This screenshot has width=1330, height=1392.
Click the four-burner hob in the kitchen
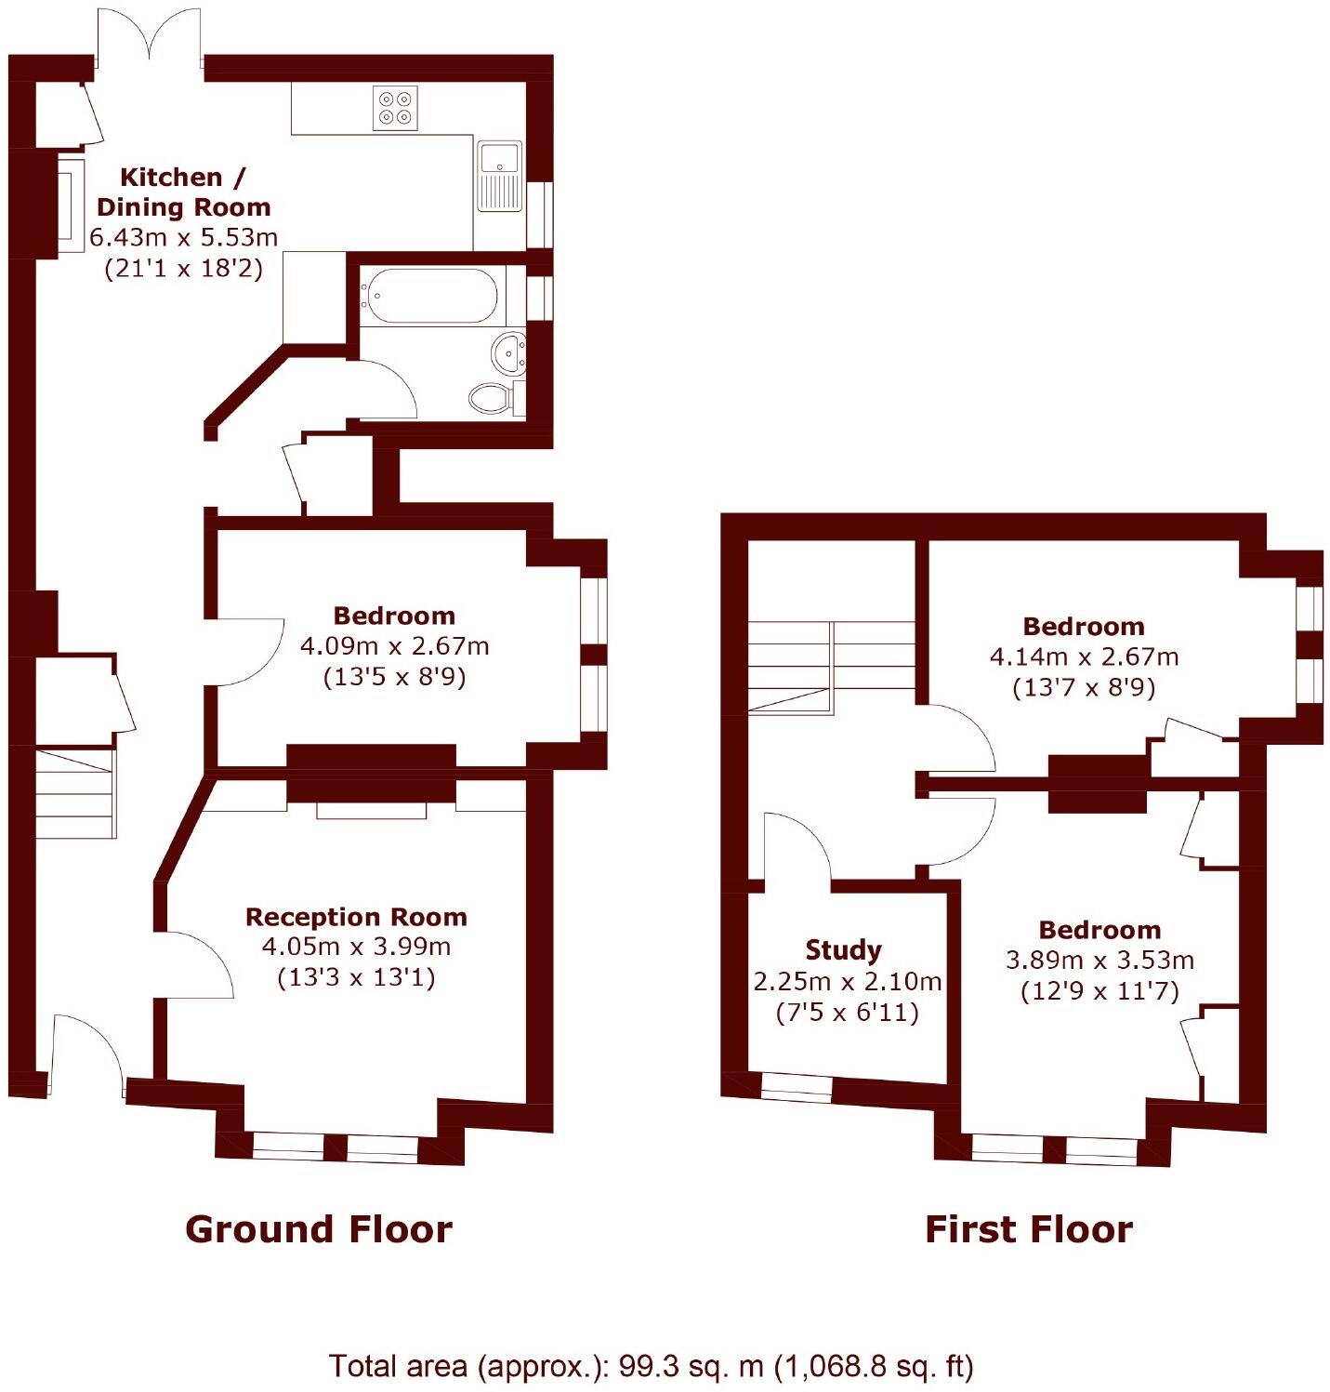[x=395, y=108]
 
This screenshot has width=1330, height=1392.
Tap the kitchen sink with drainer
[x=500, y=176]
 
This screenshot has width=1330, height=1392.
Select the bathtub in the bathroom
[x=429, y=297]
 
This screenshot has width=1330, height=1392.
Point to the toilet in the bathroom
[x=491, y=398]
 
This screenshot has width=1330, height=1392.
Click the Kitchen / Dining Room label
[x=183, y=192]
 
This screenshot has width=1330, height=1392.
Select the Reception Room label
[x=356, y=917]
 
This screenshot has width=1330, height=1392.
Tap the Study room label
[x=843, y=949]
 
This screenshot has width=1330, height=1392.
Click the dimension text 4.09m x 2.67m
[x=394, y=645]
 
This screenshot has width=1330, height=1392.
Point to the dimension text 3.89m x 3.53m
[x=1100, y=960]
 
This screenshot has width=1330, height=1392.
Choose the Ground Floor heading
[x=319, y=1229]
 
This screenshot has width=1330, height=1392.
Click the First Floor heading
[x=1029, y=1229]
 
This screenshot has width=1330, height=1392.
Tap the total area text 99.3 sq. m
[x=651, y=1366]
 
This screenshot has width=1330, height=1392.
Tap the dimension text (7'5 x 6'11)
[x=847, y=1012]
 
